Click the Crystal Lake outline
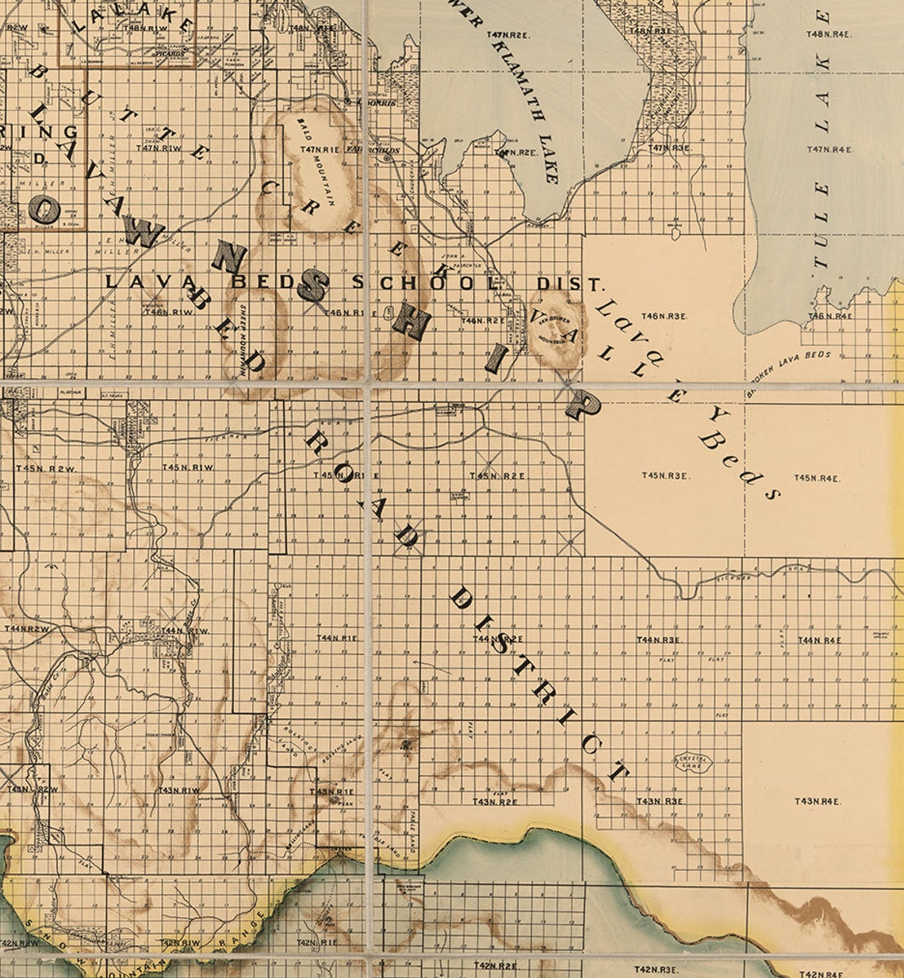point(693,762)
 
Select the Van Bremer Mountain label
point(555,332)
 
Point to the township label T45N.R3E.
point(664,476)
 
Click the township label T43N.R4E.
point(817,801)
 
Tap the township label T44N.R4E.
point(819,639)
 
